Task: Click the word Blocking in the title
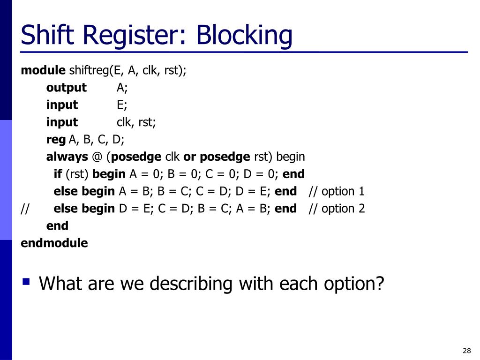coord(244,36)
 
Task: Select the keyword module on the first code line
coord(43,70)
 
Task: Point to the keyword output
coord(66,88)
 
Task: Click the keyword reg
coord(56,139)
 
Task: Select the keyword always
coord(67,157)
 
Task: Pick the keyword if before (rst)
coord(58,174)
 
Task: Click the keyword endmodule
coord(54,243)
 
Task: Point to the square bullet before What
coord(26,282)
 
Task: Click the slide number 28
coord(466,351)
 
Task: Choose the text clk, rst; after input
coord(136,122)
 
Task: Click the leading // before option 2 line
coord(25,209)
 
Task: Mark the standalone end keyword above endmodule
coord(57,226)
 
